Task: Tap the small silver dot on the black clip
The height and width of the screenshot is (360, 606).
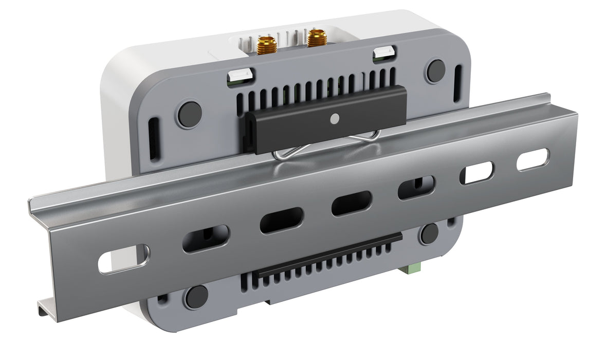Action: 335,118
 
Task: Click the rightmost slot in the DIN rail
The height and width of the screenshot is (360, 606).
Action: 533,160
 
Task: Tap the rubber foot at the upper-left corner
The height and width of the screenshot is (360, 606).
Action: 189,114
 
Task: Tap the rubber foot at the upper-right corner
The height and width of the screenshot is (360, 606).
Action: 436,70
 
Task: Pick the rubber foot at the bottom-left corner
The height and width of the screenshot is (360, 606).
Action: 196,297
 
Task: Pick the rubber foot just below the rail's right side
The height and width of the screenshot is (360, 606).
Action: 429,234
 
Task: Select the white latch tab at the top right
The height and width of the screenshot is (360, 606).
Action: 384,52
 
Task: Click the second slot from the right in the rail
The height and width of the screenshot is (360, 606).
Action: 476,173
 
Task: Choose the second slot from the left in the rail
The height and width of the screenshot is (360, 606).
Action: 206,239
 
